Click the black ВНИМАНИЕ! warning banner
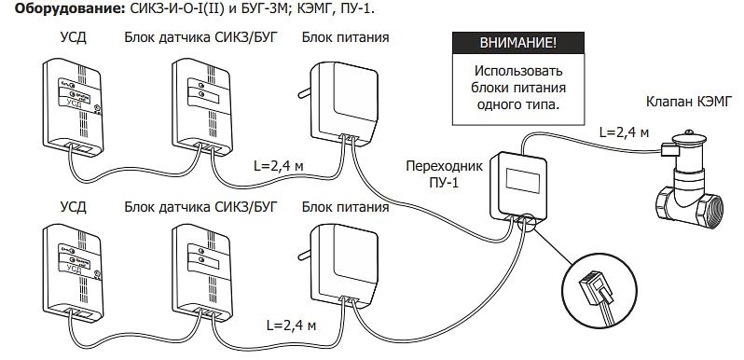[x=518, y=44]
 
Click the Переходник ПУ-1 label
[x=445, y=173]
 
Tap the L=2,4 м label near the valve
[x=624, y=132]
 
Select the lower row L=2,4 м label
[x=285, y=327]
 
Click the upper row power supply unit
[x=340, y=101]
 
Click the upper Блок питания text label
[x=345, y=38]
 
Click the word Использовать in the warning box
[x=518, y=71]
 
